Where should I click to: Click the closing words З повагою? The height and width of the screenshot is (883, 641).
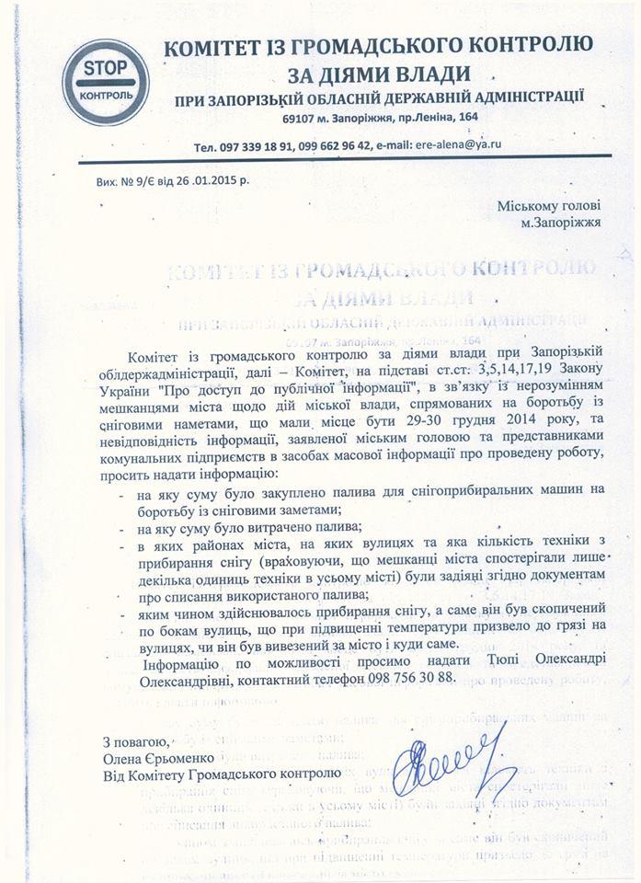coord(135,740)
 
